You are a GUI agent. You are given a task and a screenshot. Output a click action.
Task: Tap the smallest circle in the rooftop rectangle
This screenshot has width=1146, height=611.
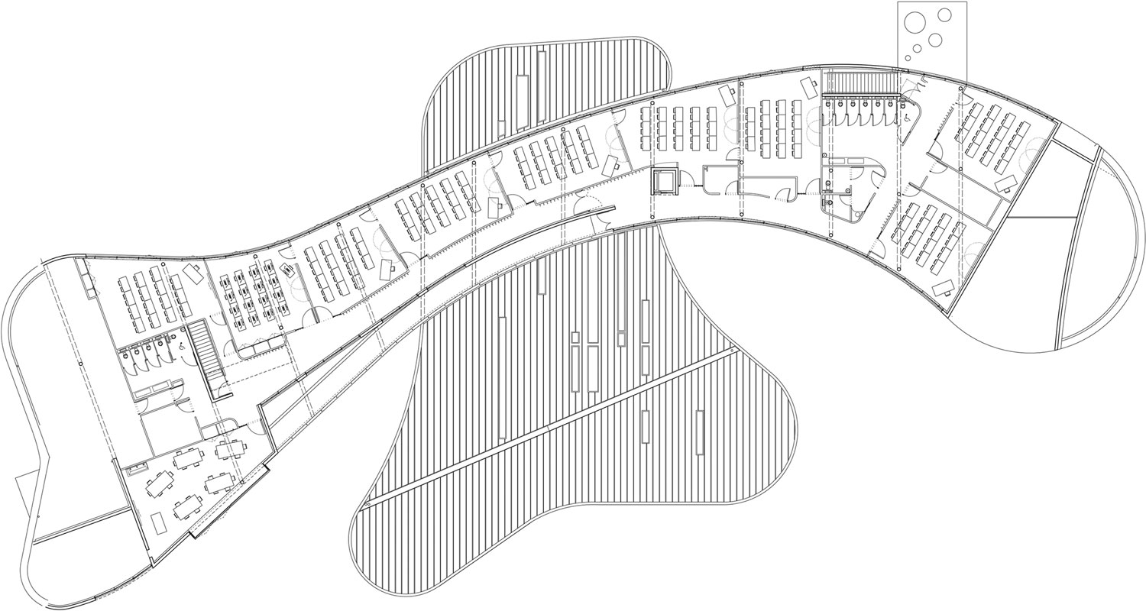click(x=907, y=57)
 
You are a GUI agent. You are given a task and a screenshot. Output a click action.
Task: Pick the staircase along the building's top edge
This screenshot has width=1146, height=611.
click(x=860, y=81)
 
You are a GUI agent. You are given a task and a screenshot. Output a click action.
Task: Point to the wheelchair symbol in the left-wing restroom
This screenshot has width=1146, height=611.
click(x=182, y=346)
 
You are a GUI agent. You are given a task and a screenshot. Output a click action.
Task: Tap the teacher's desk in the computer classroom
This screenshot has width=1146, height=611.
click(x=287, y=268)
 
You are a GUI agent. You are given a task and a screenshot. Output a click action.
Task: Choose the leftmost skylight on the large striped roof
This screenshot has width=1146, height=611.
click(x=502, y=378)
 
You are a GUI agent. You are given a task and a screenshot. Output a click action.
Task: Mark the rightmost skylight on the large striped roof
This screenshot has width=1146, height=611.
click(x=700, y=432)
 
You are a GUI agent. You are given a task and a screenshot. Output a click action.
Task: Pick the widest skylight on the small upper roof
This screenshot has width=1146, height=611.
click(x=523, y=102)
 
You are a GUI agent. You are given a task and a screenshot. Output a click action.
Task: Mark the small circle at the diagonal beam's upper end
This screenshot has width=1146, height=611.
click(x=732, y=350)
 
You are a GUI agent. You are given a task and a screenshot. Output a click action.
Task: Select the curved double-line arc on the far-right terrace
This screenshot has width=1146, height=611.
click(x=1085, y=252)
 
